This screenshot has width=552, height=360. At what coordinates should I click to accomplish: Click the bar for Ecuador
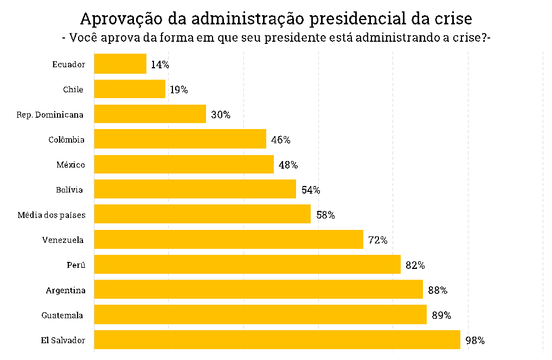tap(120, 63)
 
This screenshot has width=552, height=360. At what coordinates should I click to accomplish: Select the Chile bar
tap(130, 89)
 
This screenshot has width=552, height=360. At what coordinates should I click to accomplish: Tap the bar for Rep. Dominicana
tap(150, 114)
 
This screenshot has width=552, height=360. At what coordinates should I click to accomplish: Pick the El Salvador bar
tap(277, 339)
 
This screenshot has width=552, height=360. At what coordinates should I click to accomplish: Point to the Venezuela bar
tap(228, 239)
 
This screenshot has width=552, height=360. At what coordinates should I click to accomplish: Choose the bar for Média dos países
tap(202, 214)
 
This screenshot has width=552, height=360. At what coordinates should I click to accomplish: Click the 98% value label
tap(475, 340)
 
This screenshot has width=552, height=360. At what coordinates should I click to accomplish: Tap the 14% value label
tap(160, 65)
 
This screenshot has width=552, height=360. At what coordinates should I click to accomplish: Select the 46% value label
tap(280, 140)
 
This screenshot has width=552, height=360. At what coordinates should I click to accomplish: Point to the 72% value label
tap(378, 240)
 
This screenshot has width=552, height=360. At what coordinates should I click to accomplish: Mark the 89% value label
tap(441, 315)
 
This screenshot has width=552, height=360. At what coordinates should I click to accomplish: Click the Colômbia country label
tap(67, 139)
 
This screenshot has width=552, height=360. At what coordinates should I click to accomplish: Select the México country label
tap(70, 164)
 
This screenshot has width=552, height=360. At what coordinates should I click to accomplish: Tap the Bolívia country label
tap(69, 190)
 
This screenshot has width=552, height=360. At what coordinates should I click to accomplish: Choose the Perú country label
tap(76, 265)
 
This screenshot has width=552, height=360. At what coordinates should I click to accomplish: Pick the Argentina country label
tap(66, 290)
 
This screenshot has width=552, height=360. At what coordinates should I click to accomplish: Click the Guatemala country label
tap(62, 315)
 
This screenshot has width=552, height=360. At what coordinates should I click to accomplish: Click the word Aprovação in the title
tap(121, 19)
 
